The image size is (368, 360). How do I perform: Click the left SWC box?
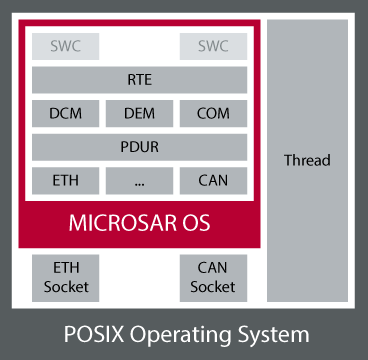pos(66,47)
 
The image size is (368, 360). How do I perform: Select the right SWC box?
pos(213,47)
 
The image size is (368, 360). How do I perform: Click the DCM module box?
pos(65,114)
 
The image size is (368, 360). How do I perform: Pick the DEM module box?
pos(139,114)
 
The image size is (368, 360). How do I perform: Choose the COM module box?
pos(213,114)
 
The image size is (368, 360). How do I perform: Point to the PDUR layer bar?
pos(139,147)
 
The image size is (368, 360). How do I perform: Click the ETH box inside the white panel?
pos(65,181)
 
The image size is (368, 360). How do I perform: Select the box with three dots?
pos(139,181)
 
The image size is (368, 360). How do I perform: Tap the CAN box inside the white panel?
pos(213,181)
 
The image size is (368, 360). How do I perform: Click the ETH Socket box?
pos(66,278)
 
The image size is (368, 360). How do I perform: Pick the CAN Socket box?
pos(213,278)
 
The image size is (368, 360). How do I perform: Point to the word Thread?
pos(307,160)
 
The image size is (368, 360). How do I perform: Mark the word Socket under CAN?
pos(213,287)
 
